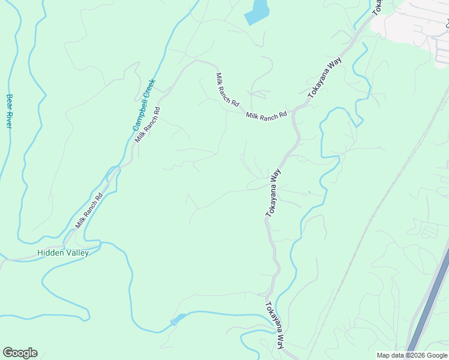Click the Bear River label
coord(9,110)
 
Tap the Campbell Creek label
coord(144,105)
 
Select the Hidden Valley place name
coord(63,253)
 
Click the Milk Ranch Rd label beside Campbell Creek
coord(148,124)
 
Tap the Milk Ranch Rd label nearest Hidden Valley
coord(89,209)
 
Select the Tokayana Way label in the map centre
coord(273,192)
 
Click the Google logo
coord(20,353)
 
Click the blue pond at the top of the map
coord(258,12)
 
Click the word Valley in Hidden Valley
coord(76,253)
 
